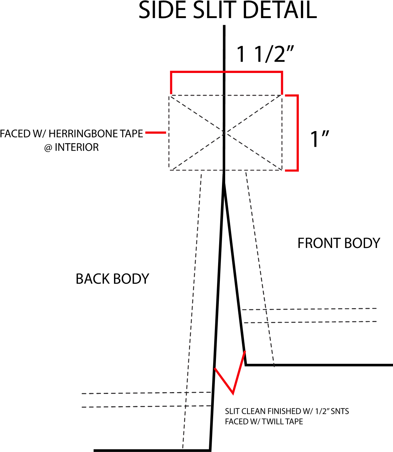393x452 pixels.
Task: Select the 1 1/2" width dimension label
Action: tap(265, 54)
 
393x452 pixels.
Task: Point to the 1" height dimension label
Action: tap(320, 139)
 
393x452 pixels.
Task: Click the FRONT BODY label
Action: tap(338, 243)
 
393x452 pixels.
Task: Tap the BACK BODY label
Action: tap(112, 279)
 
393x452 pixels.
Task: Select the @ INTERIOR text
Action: tap(71, 147)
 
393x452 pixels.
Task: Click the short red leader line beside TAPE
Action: tap(155, 133)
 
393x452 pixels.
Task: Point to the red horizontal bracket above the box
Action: tap(227, 73)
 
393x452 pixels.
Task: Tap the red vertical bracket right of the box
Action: tap(297, 133)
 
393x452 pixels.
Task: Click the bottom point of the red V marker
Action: tap(233, 393)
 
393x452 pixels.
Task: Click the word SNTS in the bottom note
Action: tap(340, 411)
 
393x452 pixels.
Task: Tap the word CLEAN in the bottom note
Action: tap(254, 411)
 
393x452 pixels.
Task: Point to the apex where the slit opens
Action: tap(224, 183)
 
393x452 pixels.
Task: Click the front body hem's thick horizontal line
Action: tap(319, 365)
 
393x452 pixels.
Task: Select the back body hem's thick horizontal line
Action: tap(152, 450)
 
